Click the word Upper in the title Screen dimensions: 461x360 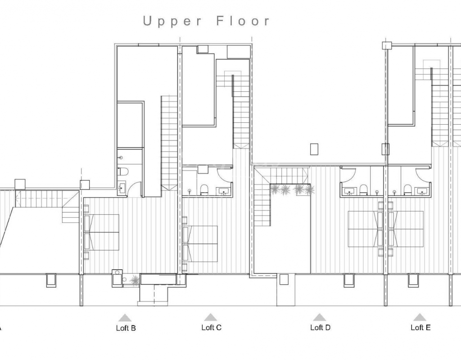click(172, 22)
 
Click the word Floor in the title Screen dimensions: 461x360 click(243, 21)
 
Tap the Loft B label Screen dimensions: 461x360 click(126, 328)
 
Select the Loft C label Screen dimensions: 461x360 click(212, 327)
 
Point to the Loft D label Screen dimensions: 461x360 click(320, 327)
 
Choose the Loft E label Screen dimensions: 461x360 click(420, 327)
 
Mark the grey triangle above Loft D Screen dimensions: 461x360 click(319, 317)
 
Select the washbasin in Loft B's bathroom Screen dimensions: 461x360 click(122, 187)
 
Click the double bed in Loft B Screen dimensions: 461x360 click(101, 232)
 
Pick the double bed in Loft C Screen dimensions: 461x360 click(200, 243)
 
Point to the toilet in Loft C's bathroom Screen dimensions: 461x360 click(204, 189)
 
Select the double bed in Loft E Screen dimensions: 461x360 click(406, 229)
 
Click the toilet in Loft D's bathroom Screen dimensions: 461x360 click(364, 189)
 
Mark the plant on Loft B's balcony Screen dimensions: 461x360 click(135, 279)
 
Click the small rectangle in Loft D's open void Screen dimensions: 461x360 click(314, 149)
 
